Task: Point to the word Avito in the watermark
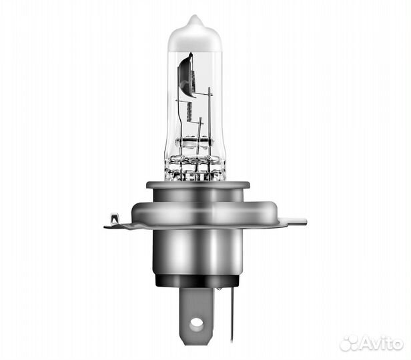[x=384, y=343]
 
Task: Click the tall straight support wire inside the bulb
[x=209, y=113]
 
